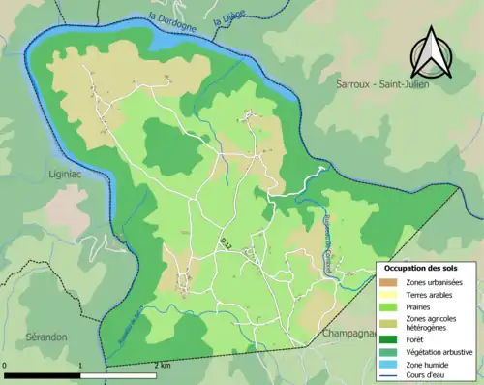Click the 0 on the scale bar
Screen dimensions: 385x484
[x=5, y=365]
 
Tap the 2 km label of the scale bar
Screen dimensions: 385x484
[x=160, y=365]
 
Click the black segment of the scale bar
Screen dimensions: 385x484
[x=42, y=374]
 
